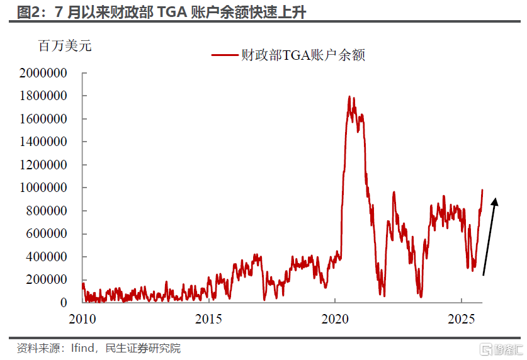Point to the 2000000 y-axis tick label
click(43, 73)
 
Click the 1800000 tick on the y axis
click(43, 96)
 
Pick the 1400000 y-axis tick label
click(43, 142)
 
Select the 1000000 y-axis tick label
click(43, 188)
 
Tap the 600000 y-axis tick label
click(47, 233)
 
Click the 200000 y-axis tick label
click(47, 279)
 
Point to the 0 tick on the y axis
click(64, 303)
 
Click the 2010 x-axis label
click(82, 318)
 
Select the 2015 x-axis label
click(208, 318)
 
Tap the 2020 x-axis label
click(335, 318)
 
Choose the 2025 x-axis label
click(462, 318)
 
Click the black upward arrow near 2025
click(489, 237)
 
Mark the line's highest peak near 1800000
click(350, 97)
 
